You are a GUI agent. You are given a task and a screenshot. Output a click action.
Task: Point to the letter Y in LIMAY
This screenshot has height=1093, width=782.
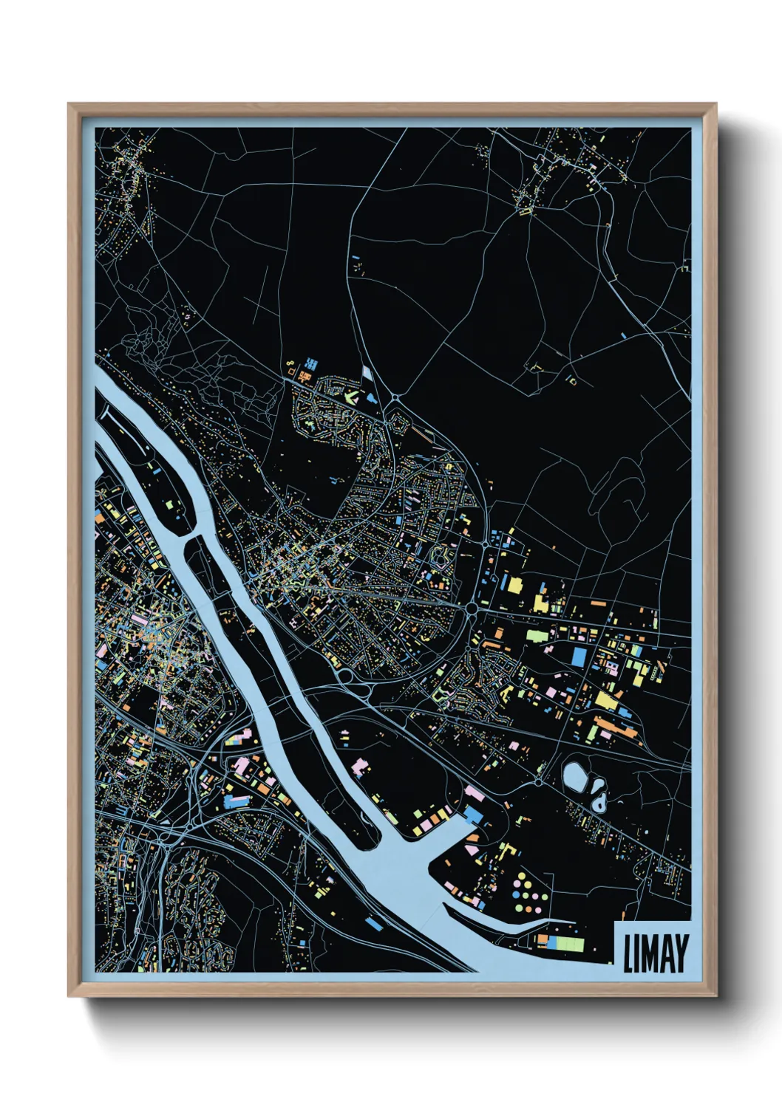point(681,953)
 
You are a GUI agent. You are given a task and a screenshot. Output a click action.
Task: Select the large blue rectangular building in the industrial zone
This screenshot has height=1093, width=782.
point(579,655)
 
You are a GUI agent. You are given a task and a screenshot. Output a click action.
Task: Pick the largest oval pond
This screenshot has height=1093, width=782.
point(575,775)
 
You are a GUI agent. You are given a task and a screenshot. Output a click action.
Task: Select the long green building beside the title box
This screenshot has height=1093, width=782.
point(569,944)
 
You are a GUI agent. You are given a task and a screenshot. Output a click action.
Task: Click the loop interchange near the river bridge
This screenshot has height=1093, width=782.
point(344,674)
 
